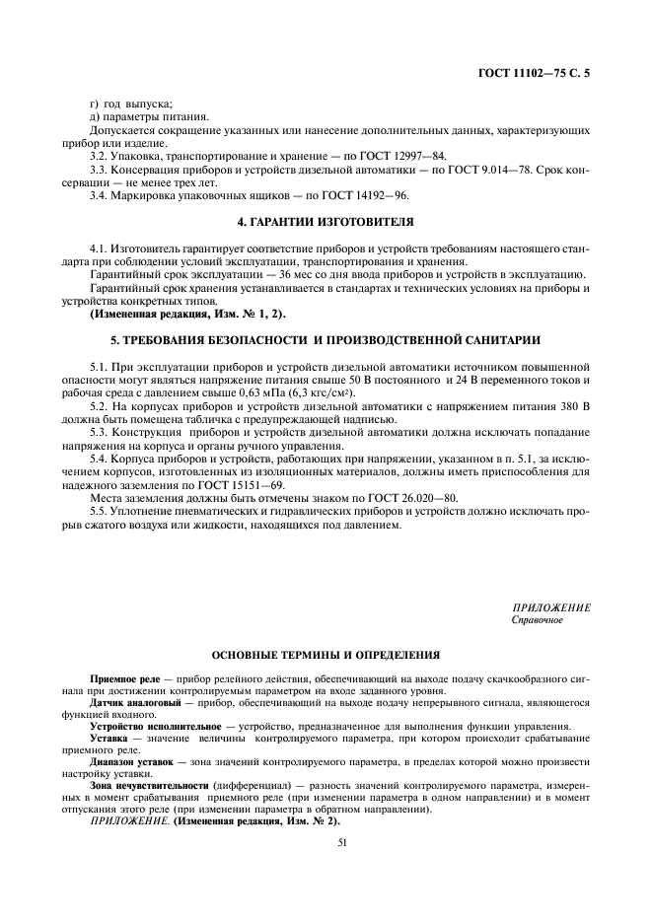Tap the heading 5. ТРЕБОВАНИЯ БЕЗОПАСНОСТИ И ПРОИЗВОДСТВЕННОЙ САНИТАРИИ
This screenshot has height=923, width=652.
pyautogui.click(x=326, y=340)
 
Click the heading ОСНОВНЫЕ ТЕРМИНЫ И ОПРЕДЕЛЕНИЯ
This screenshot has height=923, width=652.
pyautogui.click(x=326, y=655)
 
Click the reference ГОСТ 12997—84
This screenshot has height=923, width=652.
pyautogui.click(x=405, y=155)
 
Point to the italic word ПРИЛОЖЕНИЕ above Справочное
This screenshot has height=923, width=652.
pyautogui.click(x=550, y=608)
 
